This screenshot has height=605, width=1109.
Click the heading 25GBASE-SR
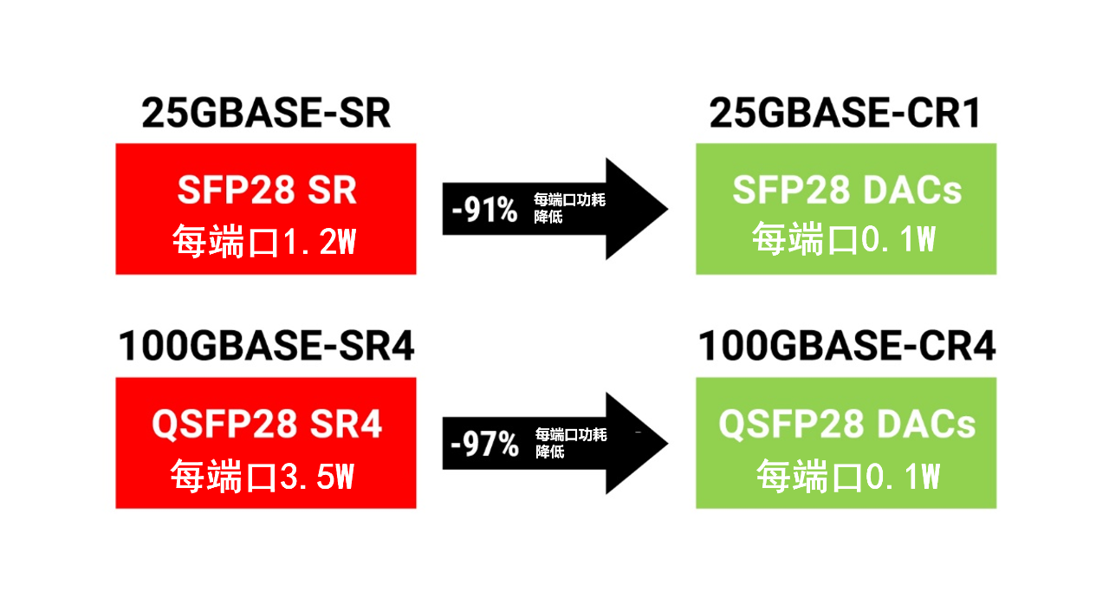pyautogui.click(x=266, y=113)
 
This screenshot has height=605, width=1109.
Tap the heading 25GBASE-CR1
pyautogui.click(x=845, y=113)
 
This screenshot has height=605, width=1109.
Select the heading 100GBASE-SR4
pyautogui.click(x=266, y=346)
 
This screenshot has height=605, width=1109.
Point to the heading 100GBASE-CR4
pyautogui.click(x=846, y=346)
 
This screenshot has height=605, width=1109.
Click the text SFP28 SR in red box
pyautogui.click(x=267, y=190)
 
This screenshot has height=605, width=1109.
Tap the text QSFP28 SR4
pyautogui.click(x=267, y=425)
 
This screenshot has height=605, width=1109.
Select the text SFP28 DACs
pyautogui.click(x=846, y=190)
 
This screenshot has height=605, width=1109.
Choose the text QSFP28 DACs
pyautogui.click(x=846, y=425)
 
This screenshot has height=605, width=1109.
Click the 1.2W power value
pyautogui.click(x=320, y=242)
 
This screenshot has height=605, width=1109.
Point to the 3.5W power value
pyautogui.click(x=317, y=476)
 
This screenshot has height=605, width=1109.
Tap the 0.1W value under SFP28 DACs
pyautogui.click(x=898, y=238)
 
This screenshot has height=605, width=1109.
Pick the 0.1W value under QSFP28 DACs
pyautogui.click(x=903, y=476)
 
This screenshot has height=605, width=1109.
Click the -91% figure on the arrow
pyautogui.click(x=484, y=210)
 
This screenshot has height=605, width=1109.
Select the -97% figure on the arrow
pyautogui.click(x=484, y=444)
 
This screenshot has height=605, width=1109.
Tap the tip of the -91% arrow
pyautogui.click(x=668, y=209)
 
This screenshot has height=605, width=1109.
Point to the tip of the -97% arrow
pyautogui.click(x=668, y=443)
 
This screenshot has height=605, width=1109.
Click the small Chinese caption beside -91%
pyautogui.click(x=569, y=208)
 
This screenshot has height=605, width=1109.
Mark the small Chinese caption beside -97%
pyautogui.click(x=571, y=443)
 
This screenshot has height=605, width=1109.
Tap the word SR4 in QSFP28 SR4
pyautogui.click(x=346, y=425)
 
